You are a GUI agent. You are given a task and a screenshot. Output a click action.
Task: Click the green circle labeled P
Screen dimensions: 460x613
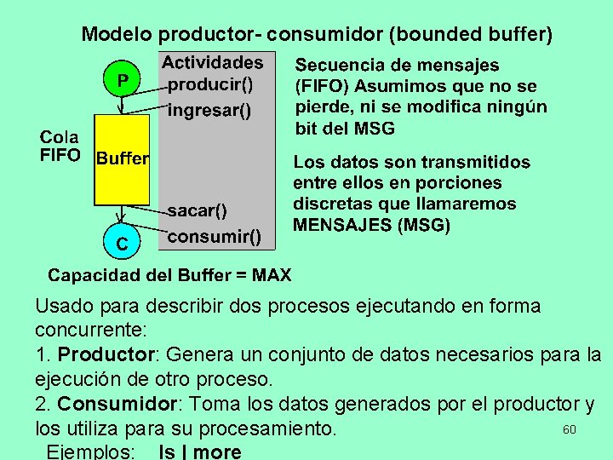(x=123, y=80)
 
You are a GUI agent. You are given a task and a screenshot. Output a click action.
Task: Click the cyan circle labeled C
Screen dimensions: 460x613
(x=123, y=244)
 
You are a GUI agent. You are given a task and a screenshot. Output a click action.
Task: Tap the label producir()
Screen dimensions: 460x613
(x=211, y=84)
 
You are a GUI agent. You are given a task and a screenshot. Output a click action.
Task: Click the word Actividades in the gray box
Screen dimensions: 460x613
(x=213, y=62)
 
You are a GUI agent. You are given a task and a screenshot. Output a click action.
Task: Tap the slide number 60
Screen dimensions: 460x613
(x=570, y=429)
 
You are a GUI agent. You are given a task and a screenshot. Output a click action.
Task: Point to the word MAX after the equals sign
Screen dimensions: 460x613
(x=272, y=275)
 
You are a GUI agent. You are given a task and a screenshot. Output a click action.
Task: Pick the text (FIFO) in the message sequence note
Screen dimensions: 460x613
(x=323, y=87)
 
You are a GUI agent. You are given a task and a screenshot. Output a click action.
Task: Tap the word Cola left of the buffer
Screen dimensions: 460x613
(x=60, y=137)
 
